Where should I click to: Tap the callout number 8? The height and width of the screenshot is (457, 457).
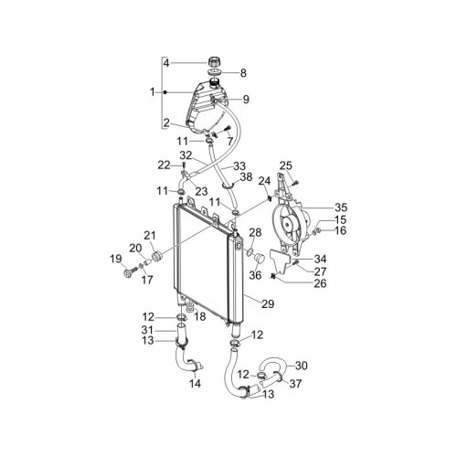click(243, 73)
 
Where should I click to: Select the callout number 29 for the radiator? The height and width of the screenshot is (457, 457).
click(268, 303)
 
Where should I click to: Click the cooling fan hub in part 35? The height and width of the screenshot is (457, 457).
click(287, 225)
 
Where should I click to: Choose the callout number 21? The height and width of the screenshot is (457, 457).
click(150, 236)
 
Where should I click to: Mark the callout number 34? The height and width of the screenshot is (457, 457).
click(320, 260)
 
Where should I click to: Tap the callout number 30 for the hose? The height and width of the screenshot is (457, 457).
click(301, 366)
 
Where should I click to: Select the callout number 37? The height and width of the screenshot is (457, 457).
click(295, 384)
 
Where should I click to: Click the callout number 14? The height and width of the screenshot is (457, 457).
click(195, 384)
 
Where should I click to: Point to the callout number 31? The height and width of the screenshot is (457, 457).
click(147, 330)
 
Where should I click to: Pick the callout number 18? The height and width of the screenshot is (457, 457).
click(200, 316)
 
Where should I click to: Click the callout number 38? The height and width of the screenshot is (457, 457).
click(246, 176)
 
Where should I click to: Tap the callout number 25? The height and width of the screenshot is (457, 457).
click(286, 165)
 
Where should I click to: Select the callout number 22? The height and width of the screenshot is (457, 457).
click(164, 165)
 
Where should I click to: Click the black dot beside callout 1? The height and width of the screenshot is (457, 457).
click(165, 92)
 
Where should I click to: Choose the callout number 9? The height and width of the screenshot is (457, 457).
click(246, 100)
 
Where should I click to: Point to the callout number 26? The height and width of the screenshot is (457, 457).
click(320, 283)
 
